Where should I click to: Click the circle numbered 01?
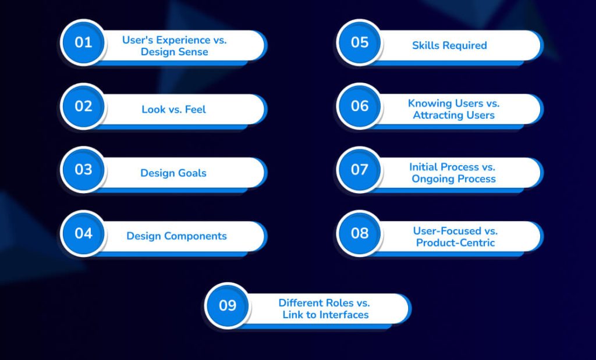click(83, 42)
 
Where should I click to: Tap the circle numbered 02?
click(83, 106)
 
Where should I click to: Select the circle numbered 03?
click(83, 170)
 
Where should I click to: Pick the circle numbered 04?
click(83, 233)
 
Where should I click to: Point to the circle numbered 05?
click(360, 42)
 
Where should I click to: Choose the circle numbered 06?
click(360, 106)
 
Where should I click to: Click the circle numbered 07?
click(360, 170)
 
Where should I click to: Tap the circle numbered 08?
click(360, 233)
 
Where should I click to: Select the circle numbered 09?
click(228, 305)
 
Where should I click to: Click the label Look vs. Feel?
click(173, 109)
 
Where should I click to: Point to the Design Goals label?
click(173, 173)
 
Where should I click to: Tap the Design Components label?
click(176, 236)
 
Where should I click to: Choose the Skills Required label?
click(449, 45)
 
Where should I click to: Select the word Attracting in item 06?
click(437, 115)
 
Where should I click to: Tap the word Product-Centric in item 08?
click(455, 242)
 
